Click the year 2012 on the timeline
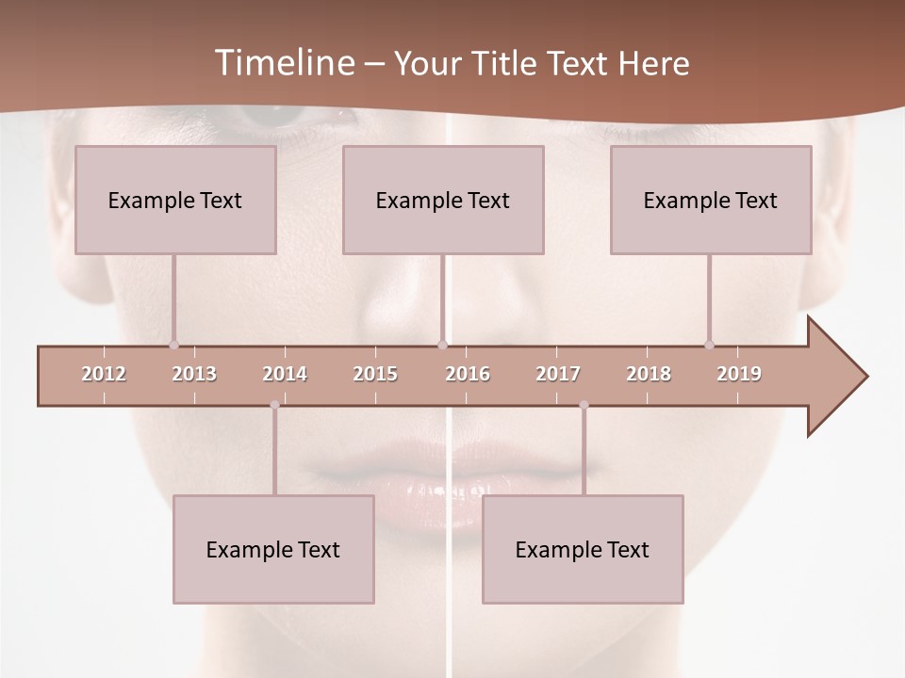pos(104,374)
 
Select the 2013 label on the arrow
pos(194,374)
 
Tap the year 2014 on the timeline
pos(285,374)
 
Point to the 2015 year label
pos(375,374)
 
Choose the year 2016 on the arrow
pos(468,374)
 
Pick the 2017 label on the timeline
pos(558,374)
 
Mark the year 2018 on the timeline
pos(649,374)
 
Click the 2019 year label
pos(739,374)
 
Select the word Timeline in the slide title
pos(284,63)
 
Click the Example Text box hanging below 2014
pos(273,550)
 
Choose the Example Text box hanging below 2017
pos(583,550)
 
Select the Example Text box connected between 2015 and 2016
pos(443,200)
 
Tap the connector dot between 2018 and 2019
pos(709,345)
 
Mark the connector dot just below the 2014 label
pos(274,405)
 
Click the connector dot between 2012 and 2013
pos(173,345)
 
